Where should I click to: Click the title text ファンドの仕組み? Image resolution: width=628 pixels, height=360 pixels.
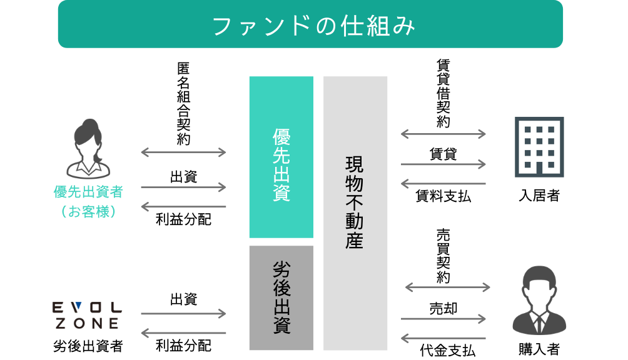tap(314, 26)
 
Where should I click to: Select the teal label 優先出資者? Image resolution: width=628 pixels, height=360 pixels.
tap(88, 192)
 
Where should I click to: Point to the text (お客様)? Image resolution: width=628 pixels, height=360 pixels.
tap(88, 212)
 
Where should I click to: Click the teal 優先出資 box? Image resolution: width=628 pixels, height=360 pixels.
tap(281, 157)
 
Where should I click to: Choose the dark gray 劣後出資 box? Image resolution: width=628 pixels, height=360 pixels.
tap(281, 297)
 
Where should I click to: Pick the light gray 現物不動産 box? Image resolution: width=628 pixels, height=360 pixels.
tap(355, 212)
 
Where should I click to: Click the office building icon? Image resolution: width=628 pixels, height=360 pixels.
tap(539, 146)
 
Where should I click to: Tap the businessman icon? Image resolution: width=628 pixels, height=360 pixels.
tap(539, 301)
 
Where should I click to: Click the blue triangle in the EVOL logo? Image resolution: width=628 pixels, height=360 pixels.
tap(78, 307)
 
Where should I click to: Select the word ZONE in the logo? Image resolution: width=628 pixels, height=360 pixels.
tap(87, 324)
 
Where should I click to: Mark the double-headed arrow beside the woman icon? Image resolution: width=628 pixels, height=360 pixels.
tap(183, 152)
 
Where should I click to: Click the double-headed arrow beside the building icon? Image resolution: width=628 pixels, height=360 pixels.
tap(443, 134)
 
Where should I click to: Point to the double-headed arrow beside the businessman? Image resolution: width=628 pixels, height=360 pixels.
tap(448, 287)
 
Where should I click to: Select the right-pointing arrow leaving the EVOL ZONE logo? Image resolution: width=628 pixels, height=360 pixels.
tap(183, 314)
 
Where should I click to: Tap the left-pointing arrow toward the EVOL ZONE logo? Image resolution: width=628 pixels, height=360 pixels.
tap(183, 333)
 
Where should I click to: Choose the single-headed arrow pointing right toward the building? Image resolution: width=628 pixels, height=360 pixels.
tap(443, 164)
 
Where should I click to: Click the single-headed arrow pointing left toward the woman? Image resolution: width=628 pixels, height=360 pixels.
tap(183, 206)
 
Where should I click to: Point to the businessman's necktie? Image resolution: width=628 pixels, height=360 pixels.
tap(539, 322)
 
